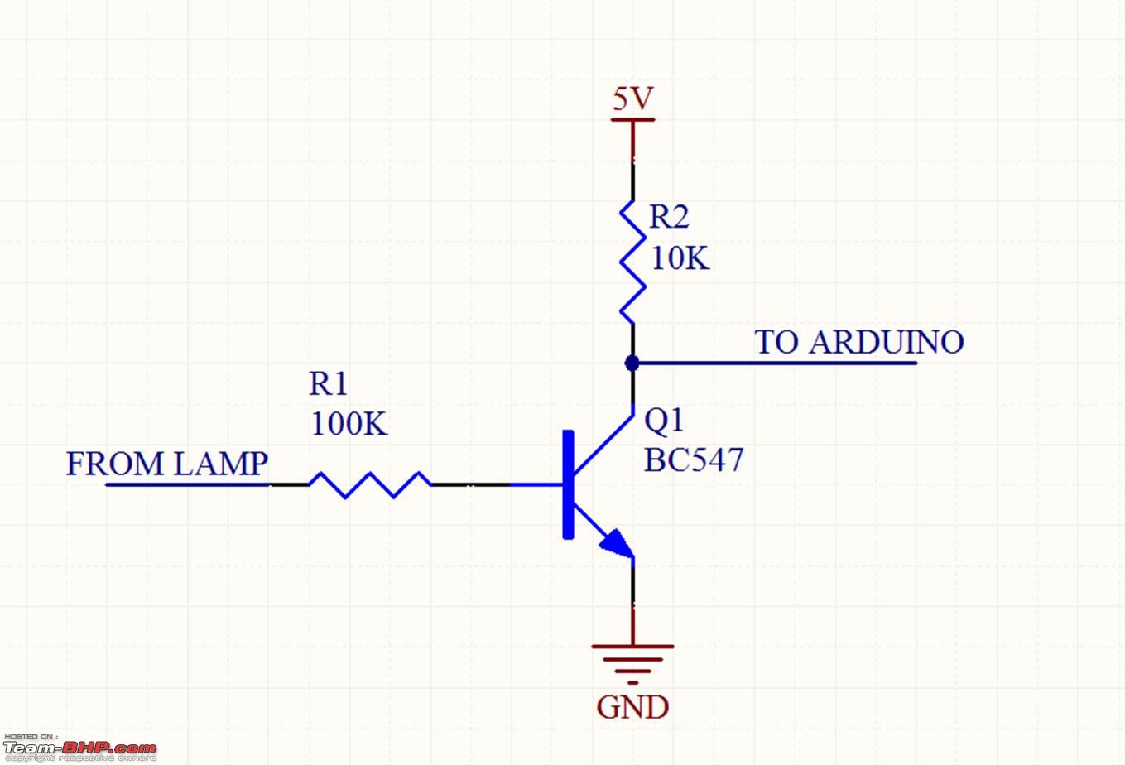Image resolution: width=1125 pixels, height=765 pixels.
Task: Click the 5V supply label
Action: pos(633,99)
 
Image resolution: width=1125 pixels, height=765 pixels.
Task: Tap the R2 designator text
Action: pos(669,217)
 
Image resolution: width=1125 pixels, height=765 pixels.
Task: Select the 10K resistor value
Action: pos(680,259)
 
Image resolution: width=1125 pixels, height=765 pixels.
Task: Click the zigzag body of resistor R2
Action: pos(633,262)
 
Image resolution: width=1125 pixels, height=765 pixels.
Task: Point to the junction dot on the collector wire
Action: pos(632,363)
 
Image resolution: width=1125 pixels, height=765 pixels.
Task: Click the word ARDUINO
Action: pos(886,343)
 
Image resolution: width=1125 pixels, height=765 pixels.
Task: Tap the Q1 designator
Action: pos(664,421)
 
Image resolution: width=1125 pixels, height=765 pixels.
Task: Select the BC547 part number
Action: pos(694,461)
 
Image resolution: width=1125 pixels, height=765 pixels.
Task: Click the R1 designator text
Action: pos(329,384)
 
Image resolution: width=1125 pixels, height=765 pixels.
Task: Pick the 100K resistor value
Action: pos(349,425)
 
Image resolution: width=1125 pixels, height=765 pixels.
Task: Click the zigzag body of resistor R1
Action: pos(370,484)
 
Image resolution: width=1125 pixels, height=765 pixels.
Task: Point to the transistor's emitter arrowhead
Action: pos(617,543)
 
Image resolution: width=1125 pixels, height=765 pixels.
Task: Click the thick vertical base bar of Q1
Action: pos(568,484)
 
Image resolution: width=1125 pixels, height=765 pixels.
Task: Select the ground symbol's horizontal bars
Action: pos(632,659)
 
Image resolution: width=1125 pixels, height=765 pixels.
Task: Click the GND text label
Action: pos(632,708)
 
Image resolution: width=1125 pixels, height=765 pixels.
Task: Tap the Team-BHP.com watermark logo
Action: pos(79,748)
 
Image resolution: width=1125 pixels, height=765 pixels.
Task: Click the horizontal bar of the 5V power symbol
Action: pos(633,120)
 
